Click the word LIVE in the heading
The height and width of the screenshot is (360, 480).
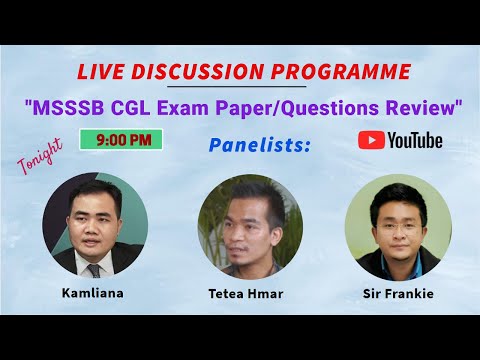point(100,71)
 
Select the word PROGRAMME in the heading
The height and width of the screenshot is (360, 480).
point(341,71)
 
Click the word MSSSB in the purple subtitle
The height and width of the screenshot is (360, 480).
point(69,108)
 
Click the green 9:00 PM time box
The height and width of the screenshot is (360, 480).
point(121,139)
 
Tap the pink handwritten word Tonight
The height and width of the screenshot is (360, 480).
point(40,156)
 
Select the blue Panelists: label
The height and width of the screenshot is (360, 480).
point(260,145)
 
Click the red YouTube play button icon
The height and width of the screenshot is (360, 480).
point(371,140)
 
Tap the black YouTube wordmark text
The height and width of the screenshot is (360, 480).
point(415,140)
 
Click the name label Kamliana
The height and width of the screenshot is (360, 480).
point(93,293)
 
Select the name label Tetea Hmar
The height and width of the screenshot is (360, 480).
point(246,294)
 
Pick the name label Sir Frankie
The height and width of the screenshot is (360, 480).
point(398,294)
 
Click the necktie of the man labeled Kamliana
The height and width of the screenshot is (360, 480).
point(94,271)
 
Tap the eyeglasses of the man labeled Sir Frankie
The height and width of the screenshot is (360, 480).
point(399,228)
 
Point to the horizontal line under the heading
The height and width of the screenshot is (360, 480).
point(237,86)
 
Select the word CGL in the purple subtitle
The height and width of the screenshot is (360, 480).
point(131,108)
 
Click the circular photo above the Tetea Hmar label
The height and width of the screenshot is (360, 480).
point(250,227)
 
